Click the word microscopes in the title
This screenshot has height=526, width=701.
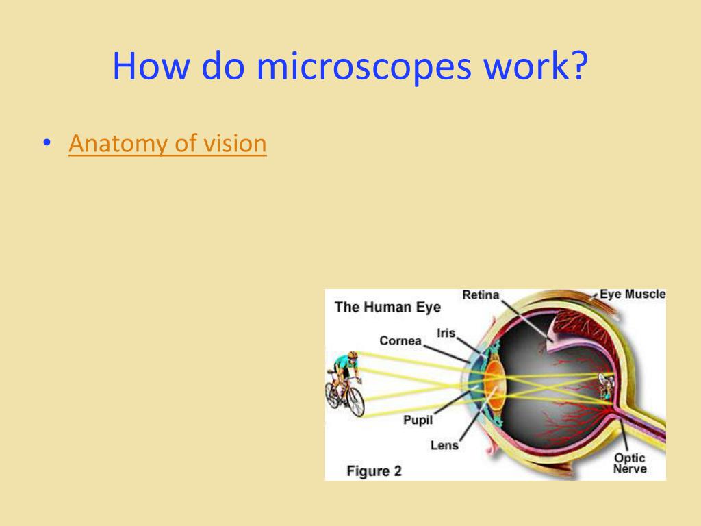point(364,67)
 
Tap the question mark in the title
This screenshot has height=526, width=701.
point(579,65)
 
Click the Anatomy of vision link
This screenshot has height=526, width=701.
point(168,144)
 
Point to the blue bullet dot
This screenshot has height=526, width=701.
point(47,142)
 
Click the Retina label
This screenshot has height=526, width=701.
point(481,295)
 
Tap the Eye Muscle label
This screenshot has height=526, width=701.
point(633,294)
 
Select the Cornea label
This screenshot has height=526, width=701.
point(400,341)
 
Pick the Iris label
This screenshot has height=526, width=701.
point(446,333)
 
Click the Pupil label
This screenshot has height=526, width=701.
point(418,420)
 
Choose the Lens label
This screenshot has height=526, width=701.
point(444,445)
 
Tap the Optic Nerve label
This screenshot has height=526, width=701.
point(630,464)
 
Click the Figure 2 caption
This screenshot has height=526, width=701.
point(374,471)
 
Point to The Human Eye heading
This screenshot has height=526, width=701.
point(387,308)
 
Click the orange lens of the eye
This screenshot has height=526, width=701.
point(495,385)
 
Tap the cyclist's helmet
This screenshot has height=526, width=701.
point(353,355)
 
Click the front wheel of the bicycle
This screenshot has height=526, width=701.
point(355,401)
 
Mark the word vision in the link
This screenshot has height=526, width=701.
point(235,144)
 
